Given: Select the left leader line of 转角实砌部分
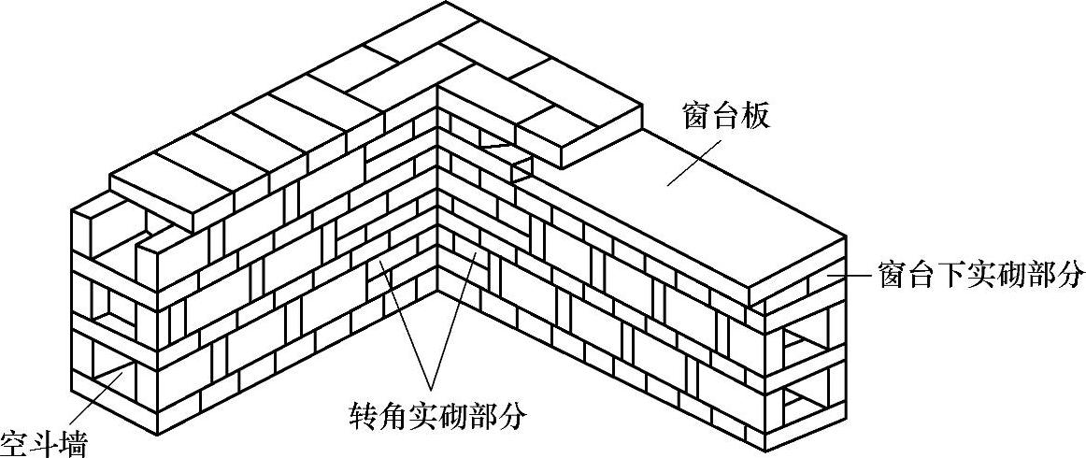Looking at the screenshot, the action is (402, 326).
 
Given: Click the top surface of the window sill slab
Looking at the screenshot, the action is (729, 196).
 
